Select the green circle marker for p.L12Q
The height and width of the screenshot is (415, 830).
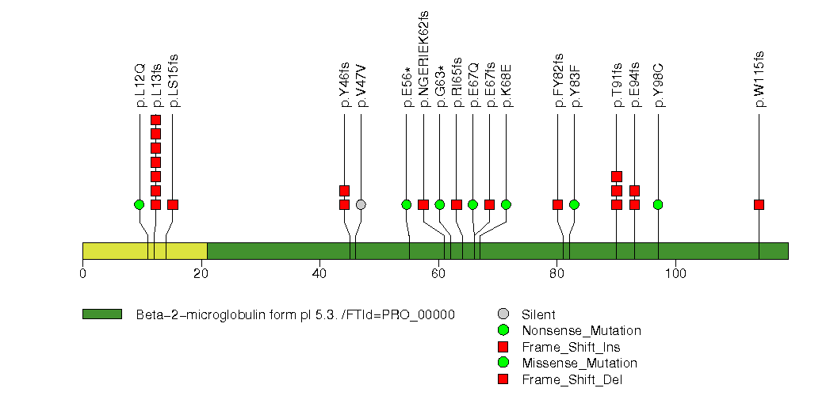[x=140, y=204]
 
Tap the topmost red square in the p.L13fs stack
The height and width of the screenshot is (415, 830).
[x=155, y=120]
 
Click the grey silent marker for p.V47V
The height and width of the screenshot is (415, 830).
[x=361, y=204]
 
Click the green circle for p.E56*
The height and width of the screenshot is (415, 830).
[x=407, y=204]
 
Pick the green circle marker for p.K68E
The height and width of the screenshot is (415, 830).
[x=506, y=204]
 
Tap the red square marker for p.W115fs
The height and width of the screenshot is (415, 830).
[x=759, y=204]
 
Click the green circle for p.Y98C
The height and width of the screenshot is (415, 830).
[x=657, y=204]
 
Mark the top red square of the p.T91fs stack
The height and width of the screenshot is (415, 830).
[x=617, y=177]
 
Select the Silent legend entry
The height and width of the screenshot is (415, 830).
[x=538, y=314]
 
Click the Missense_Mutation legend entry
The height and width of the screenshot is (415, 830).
[x=579, y=363]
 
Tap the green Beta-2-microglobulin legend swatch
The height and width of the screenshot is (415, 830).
[x=101, y=314]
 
